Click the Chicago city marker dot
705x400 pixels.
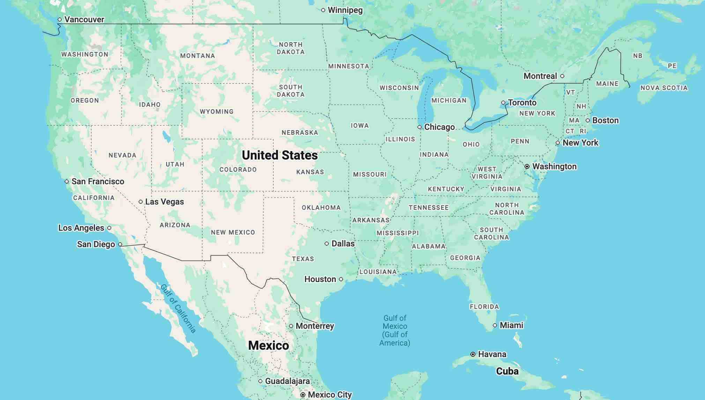(x=420, y=127)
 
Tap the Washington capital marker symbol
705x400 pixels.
(x=527, y=166)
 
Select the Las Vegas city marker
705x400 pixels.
(x=141, y=202)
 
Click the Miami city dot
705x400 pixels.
(x=495, y=325)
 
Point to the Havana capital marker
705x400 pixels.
(x=473, y=354)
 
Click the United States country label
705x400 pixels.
(x=280, y=155)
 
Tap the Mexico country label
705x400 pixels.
(x=268, y=345)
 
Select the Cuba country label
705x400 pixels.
(x=507, y=371)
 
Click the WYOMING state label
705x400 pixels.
(x=216, y=112)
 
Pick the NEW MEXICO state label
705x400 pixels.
(x=233, y=232)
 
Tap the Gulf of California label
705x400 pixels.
(x=178, y=308)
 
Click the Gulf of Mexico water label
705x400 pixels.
(x=395, y=330)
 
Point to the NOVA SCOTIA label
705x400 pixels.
(x=664, y=88)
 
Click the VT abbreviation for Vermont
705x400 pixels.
(x=571, y=92)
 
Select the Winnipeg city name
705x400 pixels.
(x=345, y=10)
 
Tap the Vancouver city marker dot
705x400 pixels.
(x=60, y=20)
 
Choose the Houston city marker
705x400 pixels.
(x=341, y=279)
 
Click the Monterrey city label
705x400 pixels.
(x=314, y=326)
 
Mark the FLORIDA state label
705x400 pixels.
(x=484, y=307)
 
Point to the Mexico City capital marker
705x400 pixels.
(x=303, y=395)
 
